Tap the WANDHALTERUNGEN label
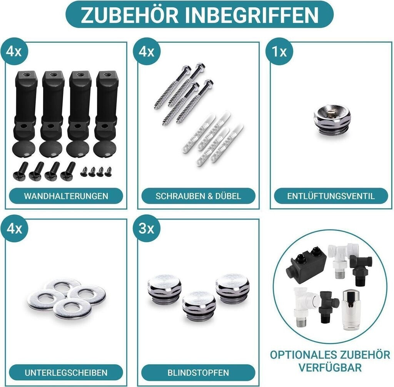tap(66, 196)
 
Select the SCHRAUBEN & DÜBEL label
tap(198, 196)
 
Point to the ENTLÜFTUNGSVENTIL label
tap(331, 196)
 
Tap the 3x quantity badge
tap(147, 229)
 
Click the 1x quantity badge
tap(279, 52)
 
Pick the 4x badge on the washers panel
tap(14, 229)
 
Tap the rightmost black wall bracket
tap(106, 106)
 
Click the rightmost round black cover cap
tap(105, 150)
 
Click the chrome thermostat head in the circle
tap(351, 310)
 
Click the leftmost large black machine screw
tap(20, 172)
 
